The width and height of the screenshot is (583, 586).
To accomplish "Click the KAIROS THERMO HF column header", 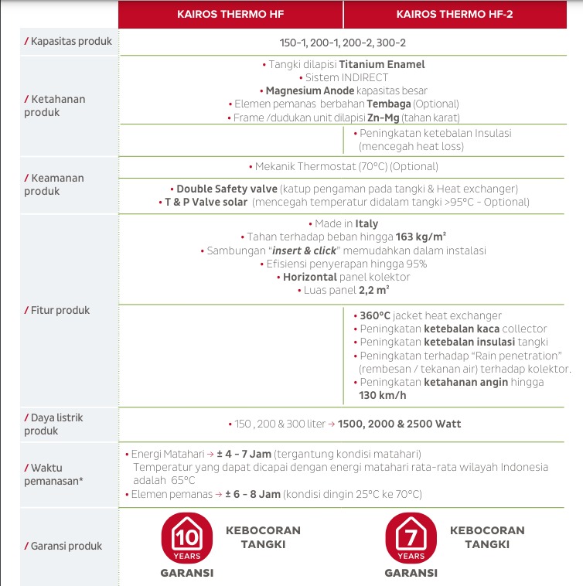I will click(230, 14).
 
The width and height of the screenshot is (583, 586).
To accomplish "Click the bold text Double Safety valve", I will click(227, 189).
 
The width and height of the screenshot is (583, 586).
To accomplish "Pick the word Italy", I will click(367, 224).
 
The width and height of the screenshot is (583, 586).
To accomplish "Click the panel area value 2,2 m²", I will click(373, 290).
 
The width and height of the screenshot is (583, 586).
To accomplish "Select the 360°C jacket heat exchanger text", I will click(431, 315).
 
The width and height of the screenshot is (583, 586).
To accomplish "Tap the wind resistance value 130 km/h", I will click(383, 395).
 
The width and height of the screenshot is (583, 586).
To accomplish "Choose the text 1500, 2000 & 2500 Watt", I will click(398, 424).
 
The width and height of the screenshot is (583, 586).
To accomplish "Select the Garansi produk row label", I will click(66, 546).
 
